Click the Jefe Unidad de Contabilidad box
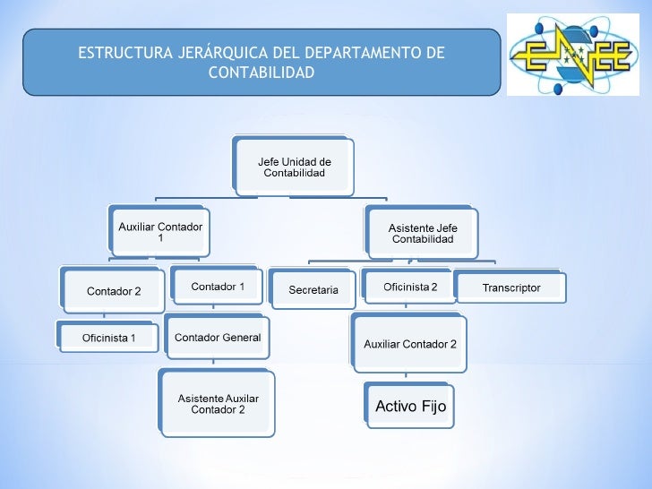[294, 167]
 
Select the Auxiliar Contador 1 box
[160, 233]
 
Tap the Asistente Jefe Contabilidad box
[423, 234]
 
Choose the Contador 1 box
[218, 287]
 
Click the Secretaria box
[313, 290]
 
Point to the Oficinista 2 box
[410, 287]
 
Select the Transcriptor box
[511, 287]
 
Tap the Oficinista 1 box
[109, 338]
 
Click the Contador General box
[218, 338]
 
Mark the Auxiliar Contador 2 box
[410, 345]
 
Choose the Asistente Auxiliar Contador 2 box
[218, 404]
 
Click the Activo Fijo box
[410, 407]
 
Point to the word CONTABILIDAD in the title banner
[262, 72]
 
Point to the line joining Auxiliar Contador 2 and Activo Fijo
[410, 377]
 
